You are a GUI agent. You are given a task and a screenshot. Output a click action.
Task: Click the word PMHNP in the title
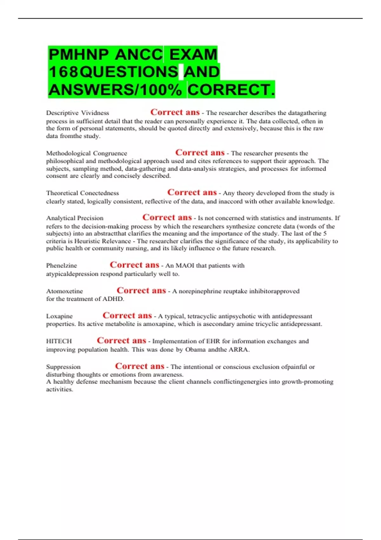tap(78, 54)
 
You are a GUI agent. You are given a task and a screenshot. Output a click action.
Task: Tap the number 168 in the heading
tap(63, 72)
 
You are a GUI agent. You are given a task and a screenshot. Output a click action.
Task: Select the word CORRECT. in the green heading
tap(231, 90)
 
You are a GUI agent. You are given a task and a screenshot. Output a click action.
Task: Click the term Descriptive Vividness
tap(77, 113)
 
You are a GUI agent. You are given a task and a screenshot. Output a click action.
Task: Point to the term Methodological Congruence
tap(86, 153)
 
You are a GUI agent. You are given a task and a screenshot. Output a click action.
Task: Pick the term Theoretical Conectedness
tap(83, 193)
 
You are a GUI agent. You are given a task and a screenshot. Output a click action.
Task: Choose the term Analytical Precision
tap(75, 218)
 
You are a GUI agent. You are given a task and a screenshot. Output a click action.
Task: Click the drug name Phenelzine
tap(62, 266)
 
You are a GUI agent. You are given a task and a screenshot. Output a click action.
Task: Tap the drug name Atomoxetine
tap(64, 291)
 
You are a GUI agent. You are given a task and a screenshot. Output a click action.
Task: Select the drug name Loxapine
tap(59, 316)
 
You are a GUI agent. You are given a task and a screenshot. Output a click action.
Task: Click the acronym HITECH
tap(59, 341)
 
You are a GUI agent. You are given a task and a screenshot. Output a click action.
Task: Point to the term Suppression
tap(63, 367)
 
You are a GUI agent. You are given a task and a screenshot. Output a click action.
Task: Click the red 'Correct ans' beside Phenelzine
tap(134, 265)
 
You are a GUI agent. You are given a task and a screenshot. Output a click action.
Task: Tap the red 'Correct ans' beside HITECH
tap(121, 341)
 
